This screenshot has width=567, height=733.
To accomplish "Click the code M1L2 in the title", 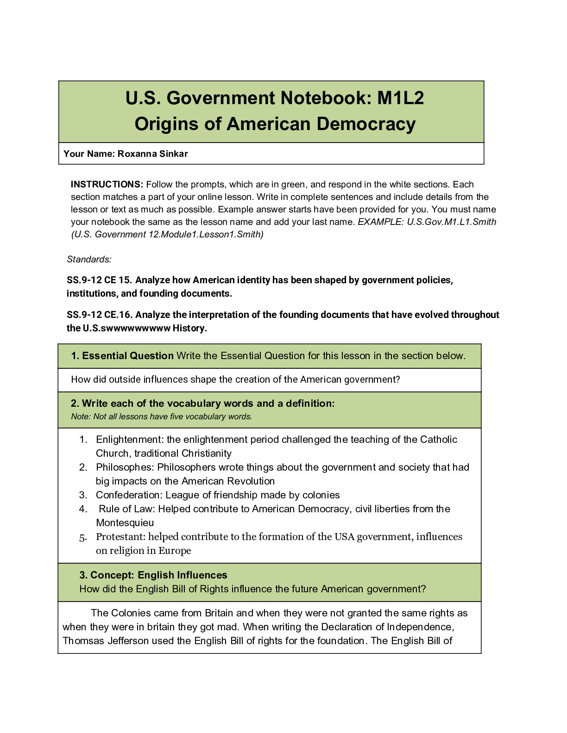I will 400,98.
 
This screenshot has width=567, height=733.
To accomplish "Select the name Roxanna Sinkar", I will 152,154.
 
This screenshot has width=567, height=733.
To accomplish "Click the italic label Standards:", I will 89,259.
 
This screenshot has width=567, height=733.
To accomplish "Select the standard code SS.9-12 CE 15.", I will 99,280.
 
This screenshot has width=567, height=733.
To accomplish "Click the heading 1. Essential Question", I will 122,356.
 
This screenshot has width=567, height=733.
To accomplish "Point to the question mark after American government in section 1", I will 397,379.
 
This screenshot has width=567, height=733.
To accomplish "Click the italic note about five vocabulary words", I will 162,416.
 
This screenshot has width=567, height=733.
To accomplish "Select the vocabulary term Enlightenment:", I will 130,440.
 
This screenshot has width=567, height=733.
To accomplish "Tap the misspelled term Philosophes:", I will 125,467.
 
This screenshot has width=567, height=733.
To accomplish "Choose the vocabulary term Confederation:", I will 129,495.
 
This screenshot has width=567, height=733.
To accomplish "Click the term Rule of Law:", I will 126,509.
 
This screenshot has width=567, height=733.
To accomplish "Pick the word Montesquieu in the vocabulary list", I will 125,523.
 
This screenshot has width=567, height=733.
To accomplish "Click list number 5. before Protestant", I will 83,537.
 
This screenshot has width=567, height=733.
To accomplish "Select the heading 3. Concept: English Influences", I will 153,575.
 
